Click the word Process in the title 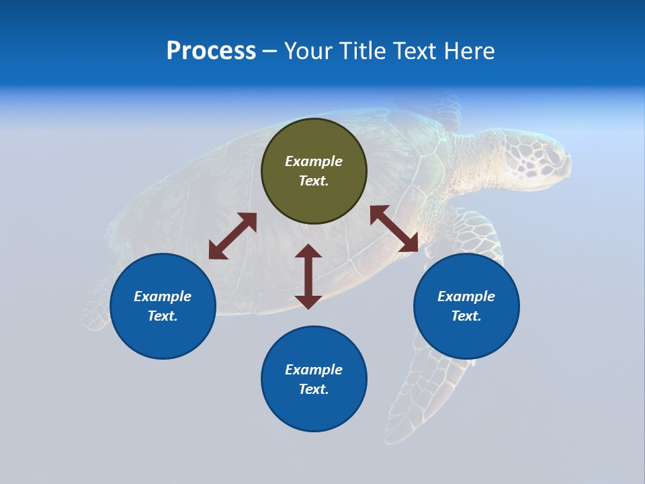tap(211, 50)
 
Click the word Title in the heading tap(360, 50)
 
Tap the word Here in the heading tap(470, 50)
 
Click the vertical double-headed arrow tap(308, 276)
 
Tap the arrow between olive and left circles tap(232, 236)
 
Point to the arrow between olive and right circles tap(394, 229)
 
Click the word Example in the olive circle tap(314, 161)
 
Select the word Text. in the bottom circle tap(314, 389)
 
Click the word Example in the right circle tap(466, 296)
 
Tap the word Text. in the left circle tap(163, 316)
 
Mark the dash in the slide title tap(270, 50)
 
